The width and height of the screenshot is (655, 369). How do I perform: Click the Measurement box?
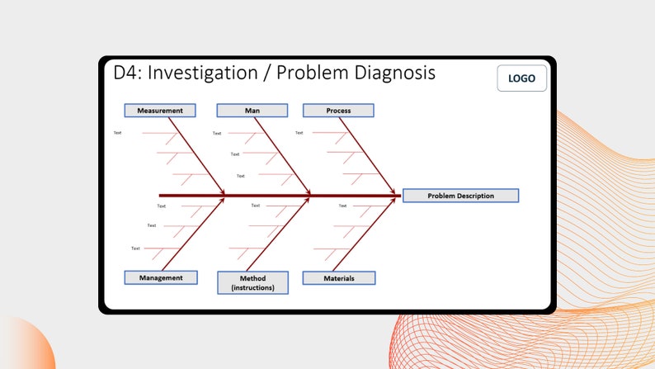160,110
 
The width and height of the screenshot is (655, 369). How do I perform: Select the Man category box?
252,110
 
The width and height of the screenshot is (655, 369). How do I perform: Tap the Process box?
338,110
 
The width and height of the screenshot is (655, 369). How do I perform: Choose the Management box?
160,277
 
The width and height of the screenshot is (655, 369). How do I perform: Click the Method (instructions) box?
252,282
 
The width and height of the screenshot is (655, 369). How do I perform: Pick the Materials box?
338,278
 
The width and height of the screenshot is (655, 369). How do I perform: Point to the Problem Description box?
460,196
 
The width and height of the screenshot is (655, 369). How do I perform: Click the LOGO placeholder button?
521,78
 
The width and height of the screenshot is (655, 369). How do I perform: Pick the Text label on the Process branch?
299,133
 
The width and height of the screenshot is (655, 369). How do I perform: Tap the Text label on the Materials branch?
342,206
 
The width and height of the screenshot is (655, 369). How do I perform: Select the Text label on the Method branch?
255,206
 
